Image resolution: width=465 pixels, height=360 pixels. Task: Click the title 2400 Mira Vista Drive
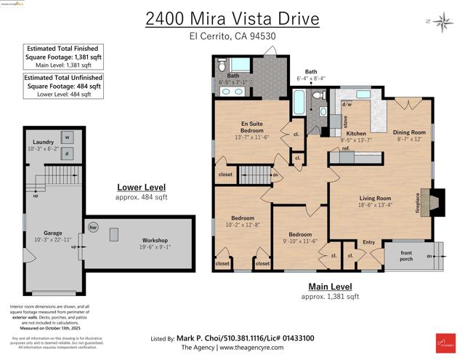pyautogui.click(x=232, y=17)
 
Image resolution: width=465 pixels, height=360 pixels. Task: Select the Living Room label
pyautogui.click(x=375, y=198)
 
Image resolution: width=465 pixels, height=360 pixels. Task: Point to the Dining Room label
pyautogui.click(x=409, y=132)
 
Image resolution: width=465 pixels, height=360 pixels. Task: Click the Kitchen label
pyautogui.click(x=356, y=134)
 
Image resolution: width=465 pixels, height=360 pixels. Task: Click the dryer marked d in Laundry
pyautogui.click(x=67, y=153)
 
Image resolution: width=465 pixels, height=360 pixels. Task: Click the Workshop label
pyautogui.click(x=155, y=240)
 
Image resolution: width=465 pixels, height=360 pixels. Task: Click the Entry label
pyautogui.click(x=368, y=242)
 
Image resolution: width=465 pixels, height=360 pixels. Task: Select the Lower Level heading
pyautogui.click(x=142, y=187)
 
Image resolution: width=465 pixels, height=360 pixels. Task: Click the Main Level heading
pyautogui.click(x=331, y=287)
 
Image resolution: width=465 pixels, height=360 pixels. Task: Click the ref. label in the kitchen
pyautogui.click(x=346, y=149)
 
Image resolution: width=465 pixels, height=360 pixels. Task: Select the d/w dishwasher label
pyautogui.click(x=347, y=104)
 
